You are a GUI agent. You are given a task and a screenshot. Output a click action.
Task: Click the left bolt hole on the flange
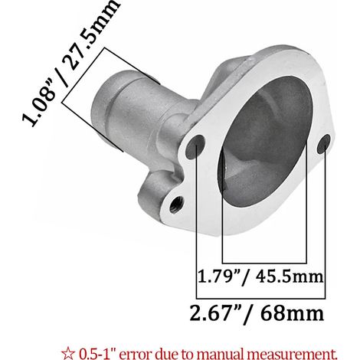(x=196, y=146)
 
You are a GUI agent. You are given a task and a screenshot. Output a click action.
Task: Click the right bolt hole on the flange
(x=324, y=144)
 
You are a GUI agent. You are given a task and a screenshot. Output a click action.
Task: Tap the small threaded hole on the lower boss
(x=176, y=205)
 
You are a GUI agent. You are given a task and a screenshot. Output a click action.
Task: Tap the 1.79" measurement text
(x=220, y=277)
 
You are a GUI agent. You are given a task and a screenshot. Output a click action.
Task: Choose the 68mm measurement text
(x=292, y=313)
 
